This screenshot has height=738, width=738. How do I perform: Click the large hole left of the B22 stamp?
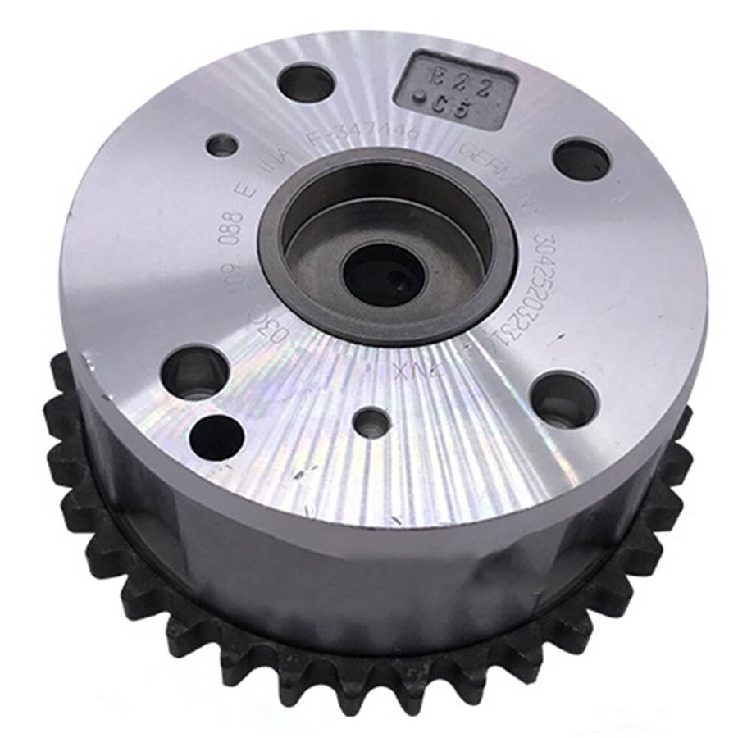(306, 82)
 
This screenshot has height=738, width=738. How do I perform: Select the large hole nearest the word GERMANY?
(581, 159)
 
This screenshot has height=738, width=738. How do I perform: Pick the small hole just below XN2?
(373, 421)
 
